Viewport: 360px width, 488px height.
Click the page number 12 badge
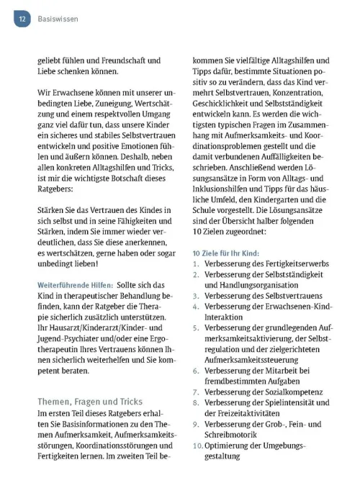[x=22, y=20]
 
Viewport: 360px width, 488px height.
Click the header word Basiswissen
[x=58, y=20]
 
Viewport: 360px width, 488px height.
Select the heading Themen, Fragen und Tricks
[x=90, y=401]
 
